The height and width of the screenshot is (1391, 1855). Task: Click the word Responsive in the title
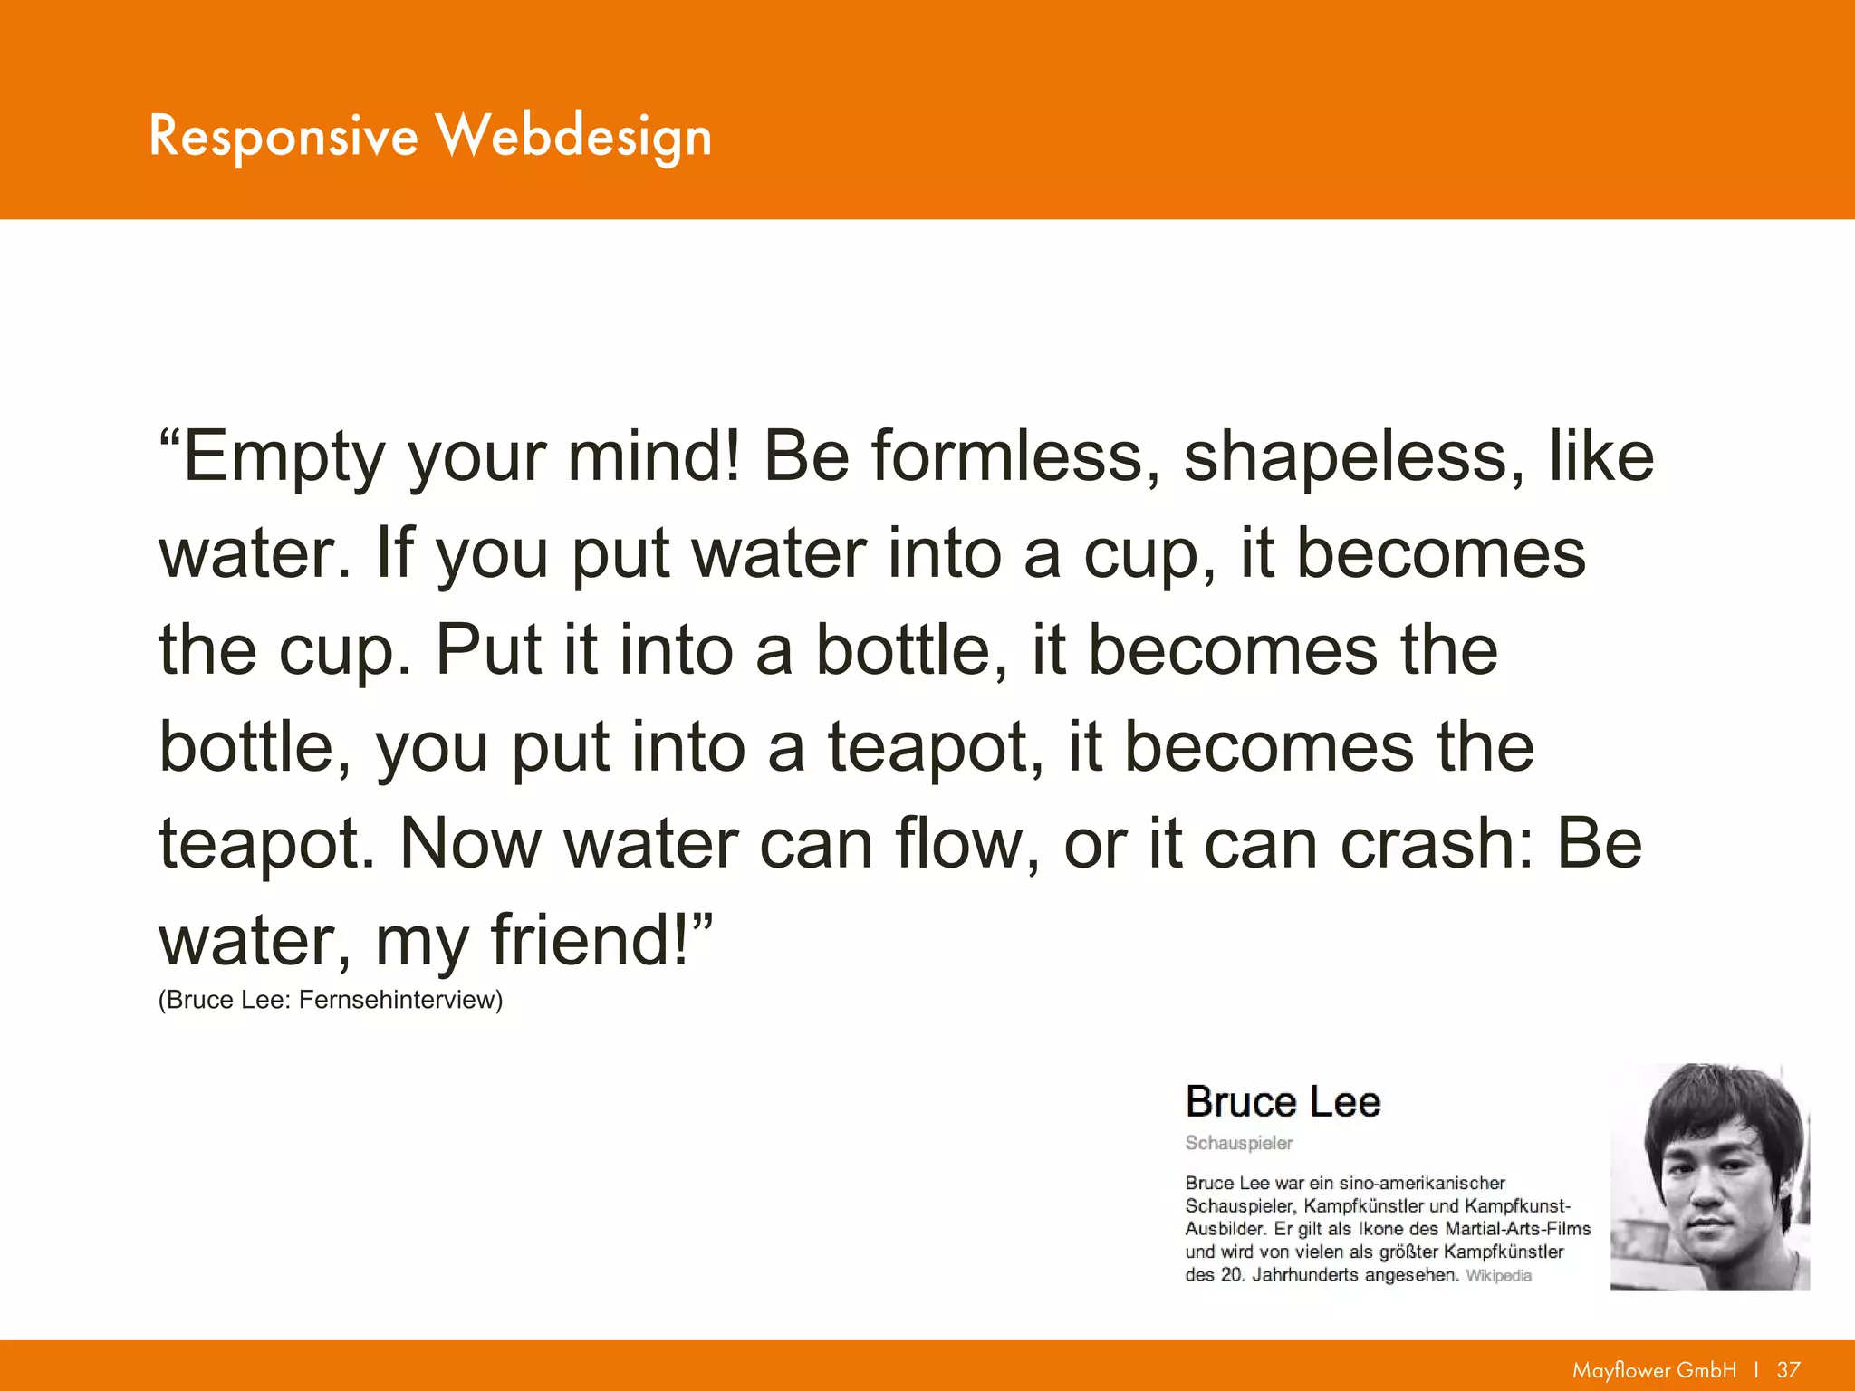point(283,136)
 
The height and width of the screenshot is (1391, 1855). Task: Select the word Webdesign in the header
point(574,138)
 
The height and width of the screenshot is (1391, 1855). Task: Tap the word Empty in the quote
point(284,457)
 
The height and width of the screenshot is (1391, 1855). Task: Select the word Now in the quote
point(469,844)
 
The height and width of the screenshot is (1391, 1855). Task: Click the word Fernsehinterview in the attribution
point(399,1000)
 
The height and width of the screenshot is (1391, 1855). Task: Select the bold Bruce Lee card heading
point(1283,1102)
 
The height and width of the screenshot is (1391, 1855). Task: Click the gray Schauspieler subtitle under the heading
point(1238,1143)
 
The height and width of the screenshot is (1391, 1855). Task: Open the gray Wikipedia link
point(1498,1276)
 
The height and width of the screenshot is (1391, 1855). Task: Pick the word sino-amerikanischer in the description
point(1421,1183)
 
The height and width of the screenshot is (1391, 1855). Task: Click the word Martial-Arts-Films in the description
point(1517,1229)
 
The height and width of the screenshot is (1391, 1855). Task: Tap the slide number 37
point(1788,1370)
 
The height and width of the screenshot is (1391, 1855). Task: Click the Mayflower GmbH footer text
point(1654,1370)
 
